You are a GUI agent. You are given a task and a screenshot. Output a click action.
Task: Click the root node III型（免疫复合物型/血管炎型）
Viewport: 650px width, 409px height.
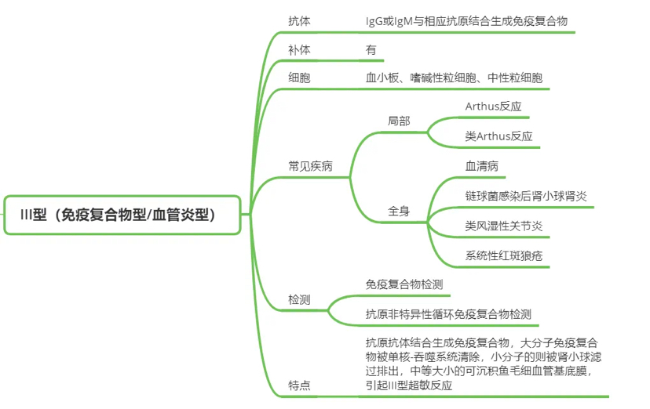122,215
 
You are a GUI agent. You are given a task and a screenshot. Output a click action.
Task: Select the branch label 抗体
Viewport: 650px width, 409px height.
299,21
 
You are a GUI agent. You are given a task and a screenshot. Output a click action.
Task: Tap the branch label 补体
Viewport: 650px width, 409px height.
299,50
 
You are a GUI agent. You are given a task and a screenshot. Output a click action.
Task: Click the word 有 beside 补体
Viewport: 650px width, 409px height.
371,50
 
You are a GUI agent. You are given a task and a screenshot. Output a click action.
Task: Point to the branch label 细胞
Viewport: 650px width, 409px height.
299,78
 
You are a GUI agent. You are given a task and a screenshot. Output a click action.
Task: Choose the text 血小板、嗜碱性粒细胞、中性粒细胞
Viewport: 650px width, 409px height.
454,78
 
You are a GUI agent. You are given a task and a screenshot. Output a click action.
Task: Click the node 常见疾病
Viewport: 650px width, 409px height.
311,166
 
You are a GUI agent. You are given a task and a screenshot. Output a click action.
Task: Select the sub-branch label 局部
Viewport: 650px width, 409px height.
399,121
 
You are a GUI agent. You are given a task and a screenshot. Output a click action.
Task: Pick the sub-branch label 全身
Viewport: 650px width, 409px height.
399,212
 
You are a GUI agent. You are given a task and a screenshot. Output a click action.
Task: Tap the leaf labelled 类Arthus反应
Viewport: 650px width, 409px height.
498,136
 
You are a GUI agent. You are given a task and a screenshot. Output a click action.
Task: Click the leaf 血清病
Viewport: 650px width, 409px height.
482,166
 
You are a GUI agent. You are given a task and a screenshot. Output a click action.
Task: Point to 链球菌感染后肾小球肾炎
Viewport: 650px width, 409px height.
526,196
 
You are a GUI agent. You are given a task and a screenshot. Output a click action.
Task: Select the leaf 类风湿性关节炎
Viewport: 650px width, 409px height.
504,226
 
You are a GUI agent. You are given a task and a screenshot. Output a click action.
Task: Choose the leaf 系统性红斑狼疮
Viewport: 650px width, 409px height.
504,256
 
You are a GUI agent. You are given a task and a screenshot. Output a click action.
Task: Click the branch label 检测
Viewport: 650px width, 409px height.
299,300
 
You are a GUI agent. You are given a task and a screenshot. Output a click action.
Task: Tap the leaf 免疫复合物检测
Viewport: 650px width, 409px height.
404,284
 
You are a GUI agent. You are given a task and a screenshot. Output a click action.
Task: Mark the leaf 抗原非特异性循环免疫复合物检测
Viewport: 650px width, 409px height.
448,314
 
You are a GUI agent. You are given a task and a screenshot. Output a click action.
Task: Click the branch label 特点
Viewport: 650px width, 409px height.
299,385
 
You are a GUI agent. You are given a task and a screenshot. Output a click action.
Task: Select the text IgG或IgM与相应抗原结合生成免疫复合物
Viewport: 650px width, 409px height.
467,21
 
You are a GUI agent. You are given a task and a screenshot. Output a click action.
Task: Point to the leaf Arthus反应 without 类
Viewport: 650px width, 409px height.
493,107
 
